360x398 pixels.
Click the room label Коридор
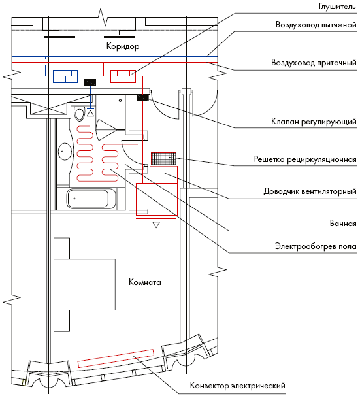(x=123, y=46)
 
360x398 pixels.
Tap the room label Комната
(x=145, y=282)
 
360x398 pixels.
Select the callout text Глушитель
(x=337, y=7)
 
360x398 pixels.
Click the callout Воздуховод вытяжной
(x=316, y=25)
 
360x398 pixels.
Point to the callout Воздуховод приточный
(x=314, y=63)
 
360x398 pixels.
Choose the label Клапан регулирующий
(x=314, y=122)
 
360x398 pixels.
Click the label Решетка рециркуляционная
(x=305, y=159)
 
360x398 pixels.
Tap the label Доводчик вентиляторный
(x=310, y=191)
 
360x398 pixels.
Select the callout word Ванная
(x=343, y=224)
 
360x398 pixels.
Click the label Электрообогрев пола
(x=316, y=246)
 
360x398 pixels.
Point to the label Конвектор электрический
(x=238, y=386)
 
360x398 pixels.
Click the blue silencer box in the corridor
(x=65, y=76)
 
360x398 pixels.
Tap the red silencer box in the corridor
(x=123, y=76)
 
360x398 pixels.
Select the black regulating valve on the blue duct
(x=90, y=82)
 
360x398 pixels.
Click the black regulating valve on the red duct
(x=143, y=98)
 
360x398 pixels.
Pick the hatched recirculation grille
(x=163, y=159)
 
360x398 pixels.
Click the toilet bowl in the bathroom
(x=80, y=114)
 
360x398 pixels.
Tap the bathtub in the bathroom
(x=91, y=199)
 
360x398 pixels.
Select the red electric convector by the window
(x=116, y=358)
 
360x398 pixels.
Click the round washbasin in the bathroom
(x=65, y=152)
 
